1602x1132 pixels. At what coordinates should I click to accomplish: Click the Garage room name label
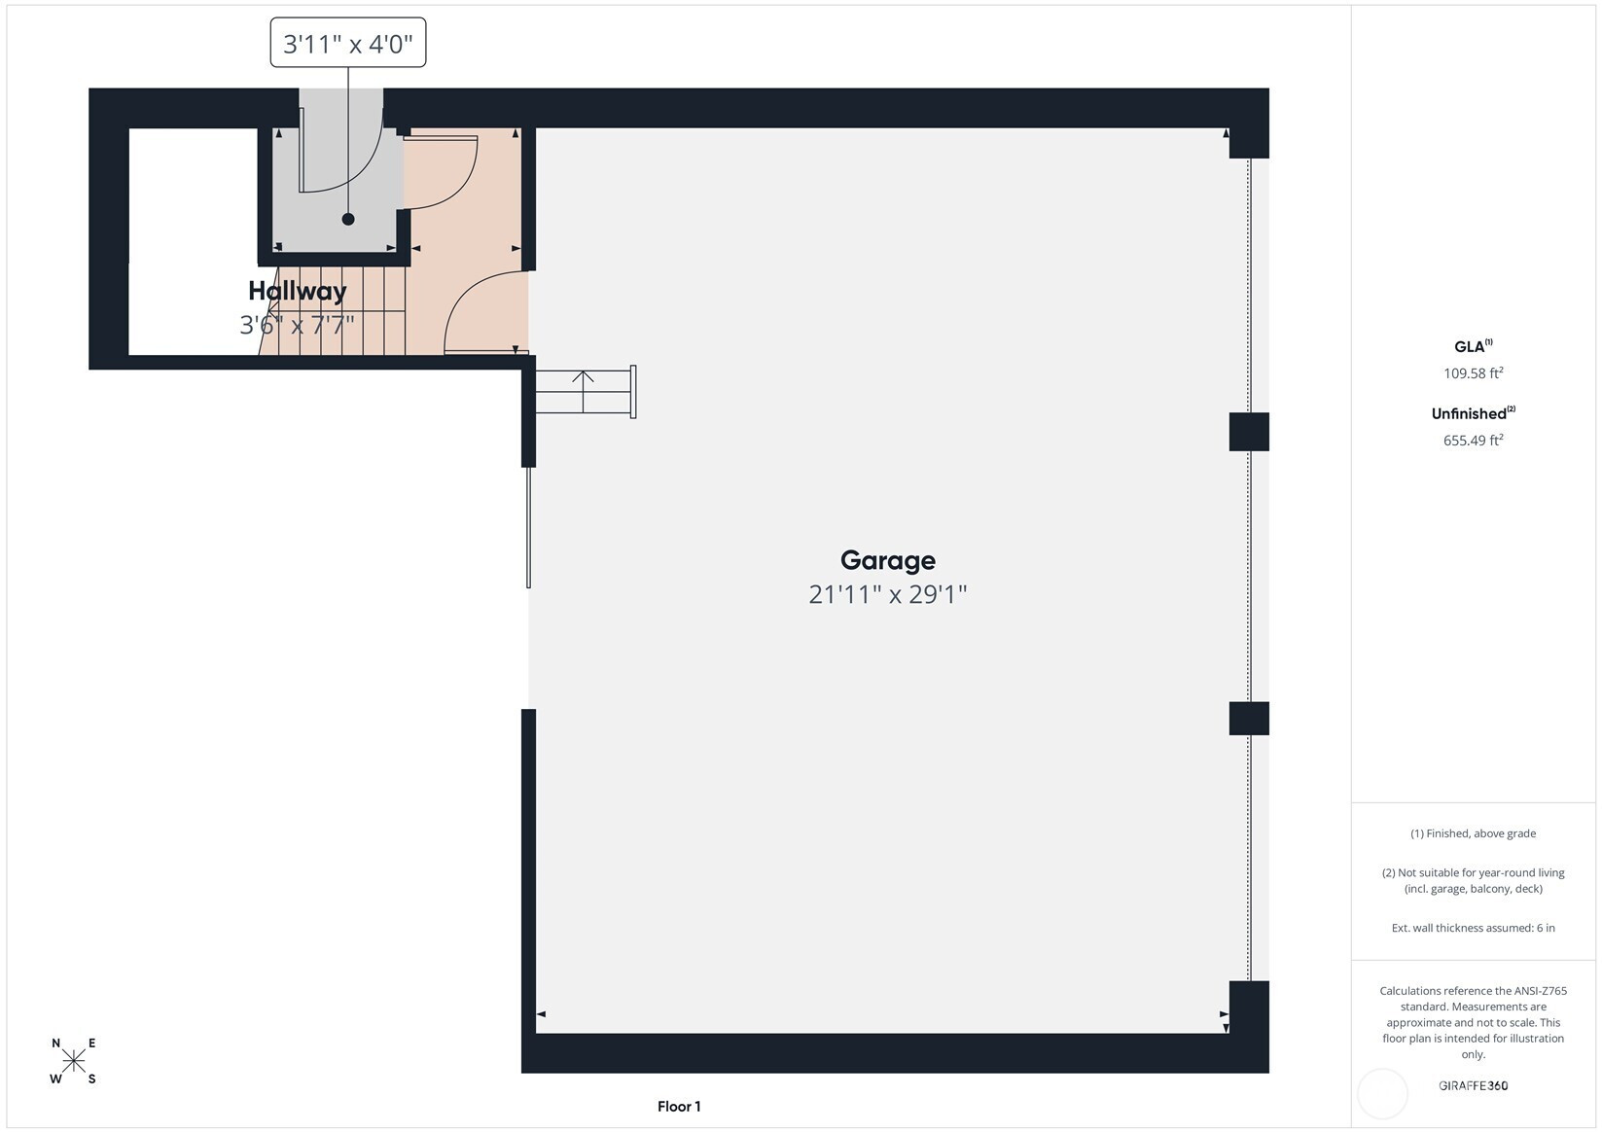point(887,560)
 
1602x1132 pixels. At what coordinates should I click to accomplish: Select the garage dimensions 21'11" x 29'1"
point(887,594)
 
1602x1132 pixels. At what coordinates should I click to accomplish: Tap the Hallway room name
point(298,291)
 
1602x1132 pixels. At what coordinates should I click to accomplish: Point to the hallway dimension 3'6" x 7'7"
point(298,326)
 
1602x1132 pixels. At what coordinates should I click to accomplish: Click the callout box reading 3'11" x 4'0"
point(348,43)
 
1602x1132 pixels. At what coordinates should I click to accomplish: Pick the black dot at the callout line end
point(348,220)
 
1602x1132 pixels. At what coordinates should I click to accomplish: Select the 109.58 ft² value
point(1474,372)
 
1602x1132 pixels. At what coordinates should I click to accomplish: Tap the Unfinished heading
point(1474,413)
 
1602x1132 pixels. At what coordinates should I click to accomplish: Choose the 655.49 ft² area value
point(1474,440)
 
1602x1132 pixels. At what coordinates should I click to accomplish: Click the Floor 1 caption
point(679,1107)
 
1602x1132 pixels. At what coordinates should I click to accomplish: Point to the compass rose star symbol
point(74,1060)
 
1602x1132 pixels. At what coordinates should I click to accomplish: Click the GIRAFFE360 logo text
point(1474,1085)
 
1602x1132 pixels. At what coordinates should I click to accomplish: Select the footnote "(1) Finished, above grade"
point(1474,833)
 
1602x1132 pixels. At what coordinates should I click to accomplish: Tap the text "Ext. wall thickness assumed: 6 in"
point(1474,928)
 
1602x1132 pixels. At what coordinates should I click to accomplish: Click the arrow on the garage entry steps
point(583,391)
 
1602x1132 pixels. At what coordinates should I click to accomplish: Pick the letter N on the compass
point(55,1044)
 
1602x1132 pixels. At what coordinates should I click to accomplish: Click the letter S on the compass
point(91,1079)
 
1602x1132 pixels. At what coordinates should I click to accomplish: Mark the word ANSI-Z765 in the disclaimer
point(1536,990)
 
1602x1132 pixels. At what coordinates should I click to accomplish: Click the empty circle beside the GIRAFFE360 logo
point(1382,1070)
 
